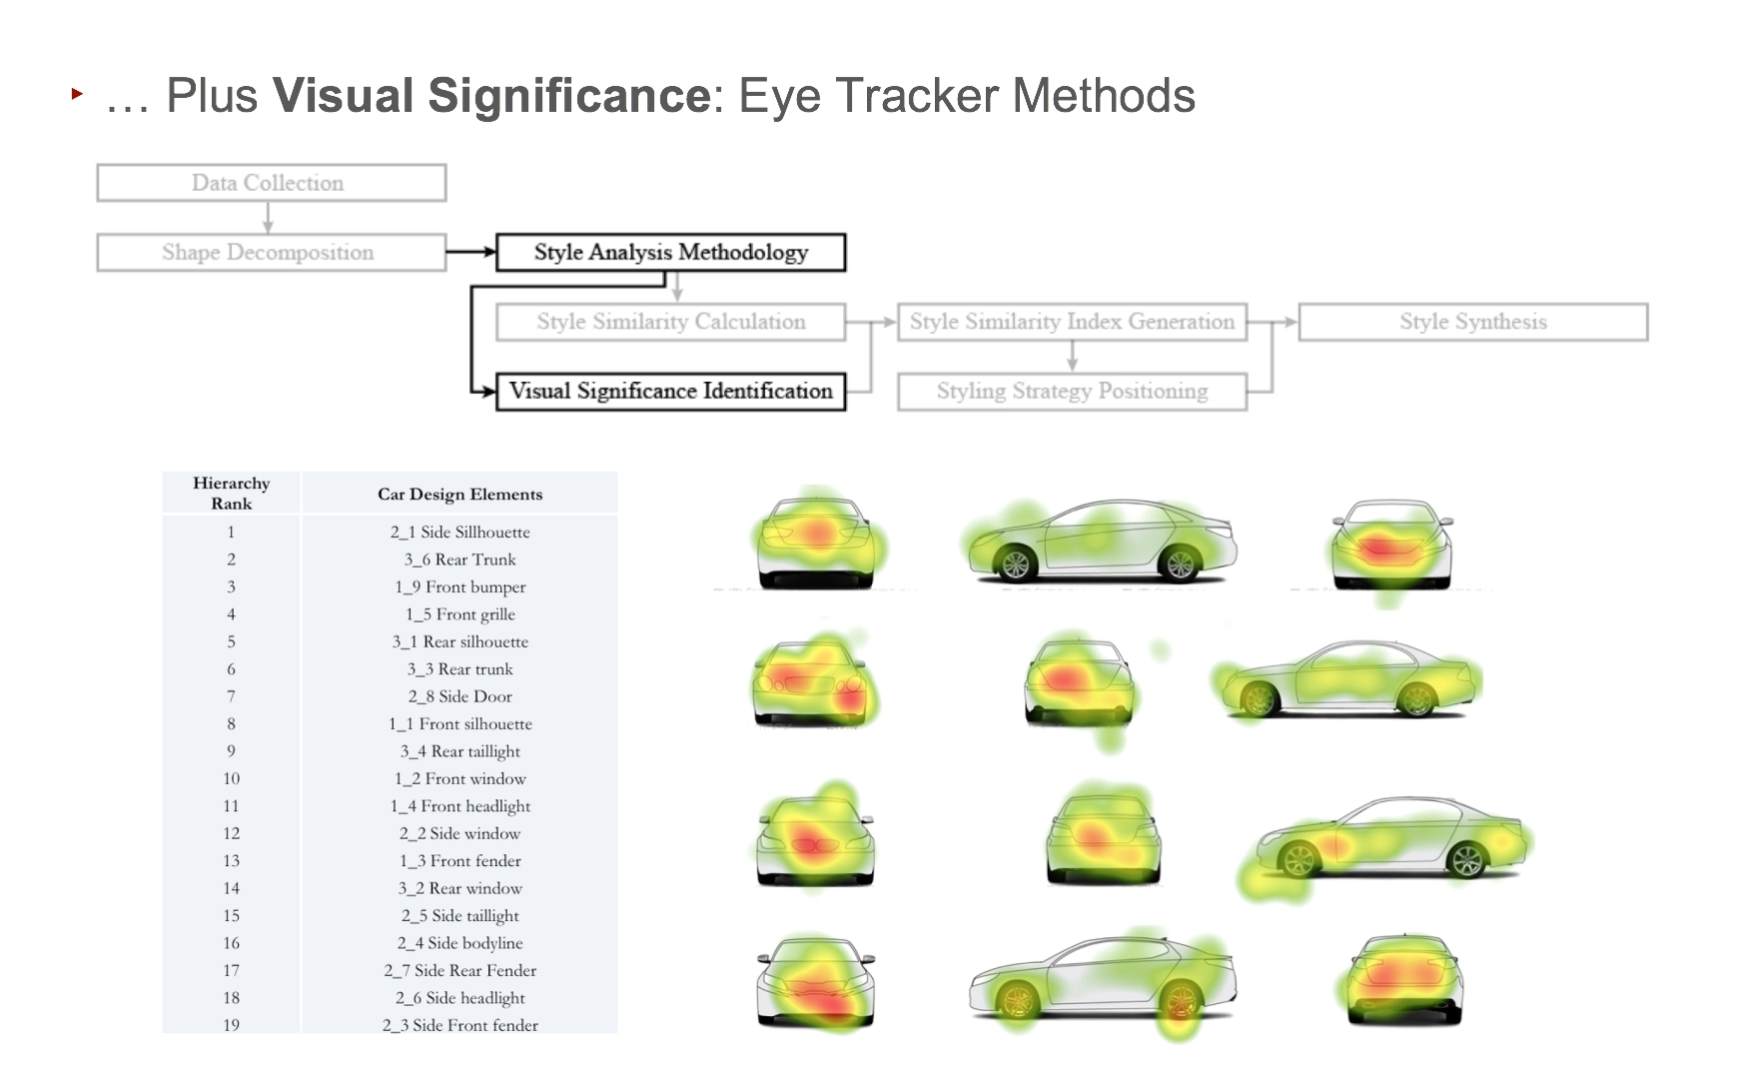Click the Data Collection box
point(271,183)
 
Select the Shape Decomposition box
point(271,253)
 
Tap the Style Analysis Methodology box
point(670,253)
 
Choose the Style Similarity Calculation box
point(670,322)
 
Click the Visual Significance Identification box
point(670,391)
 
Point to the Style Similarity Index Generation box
point(1072,322)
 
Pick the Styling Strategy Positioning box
point(1072,391)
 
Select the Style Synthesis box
point(1472,322)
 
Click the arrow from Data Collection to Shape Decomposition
point(268,218)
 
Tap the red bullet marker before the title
point(77,94)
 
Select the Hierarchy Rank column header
point(232,494)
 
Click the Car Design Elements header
point(459,495)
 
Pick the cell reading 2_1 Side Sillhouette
point(459,533)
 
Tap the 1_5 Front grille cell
point(459,614)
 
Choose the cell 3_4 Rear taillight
point(459,751)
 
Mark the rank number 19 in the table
point(232,1025)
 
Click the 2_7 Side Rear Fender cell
point(459,970)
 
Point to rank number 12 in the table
point(232,833)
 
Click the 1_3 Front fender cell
point(459,861)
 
